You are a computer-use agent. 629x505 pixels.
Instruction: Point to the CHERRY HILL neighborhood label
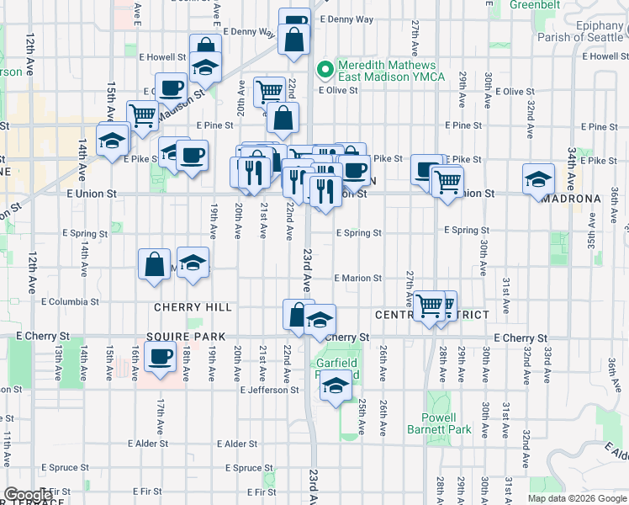tap(193, 308)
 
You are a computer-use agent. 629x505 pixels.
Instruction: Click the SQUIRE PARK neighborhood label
tap(186, 337)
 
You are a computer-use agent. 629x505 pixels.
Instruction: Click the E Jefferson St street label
tap(269, 391)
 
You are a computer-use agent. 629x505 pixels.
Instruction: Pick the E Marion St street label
tap(357, 278)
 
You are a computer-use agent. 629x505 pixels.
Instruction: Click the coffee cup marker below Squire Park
tap(159, 357)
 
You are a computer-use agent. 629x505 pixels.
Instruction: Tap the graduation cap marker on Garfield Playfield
tap(336, 386)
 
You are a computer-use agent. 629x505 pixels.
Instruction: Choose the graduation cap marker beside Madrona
tap(538, 178)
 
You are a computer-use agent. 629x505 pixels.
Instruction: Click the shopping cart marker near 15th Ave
tap(142, 115)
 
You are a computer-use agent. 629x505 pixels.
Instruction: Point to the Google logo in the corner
tap(28, 495)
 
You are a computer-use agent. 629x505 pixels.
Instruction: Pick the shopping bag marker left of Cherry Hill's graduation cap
tap(156, 264)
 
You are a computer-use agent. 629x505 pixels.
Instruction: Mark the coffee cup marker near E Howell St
tap(172, 87)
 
